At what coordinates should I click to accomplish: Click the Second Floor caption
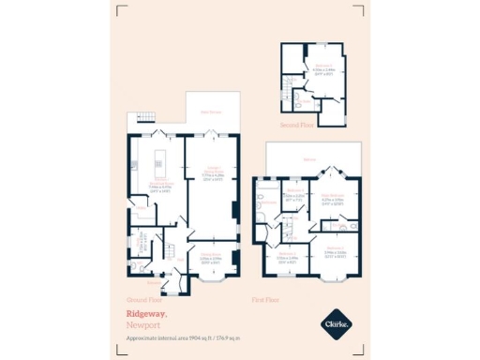click(x=295, y=123)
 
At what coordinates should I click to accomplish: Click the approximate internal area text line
click(x=183, y=336)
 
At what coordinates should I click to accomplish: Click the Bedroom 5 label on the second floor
click(x=324, y=67)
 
